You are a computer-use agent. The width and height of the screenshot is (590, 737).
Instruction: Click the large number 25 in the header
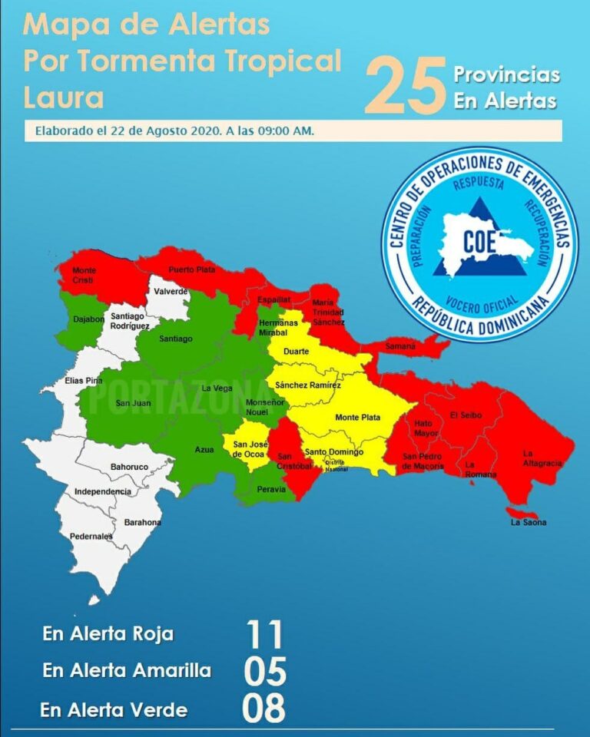tap(405, 87)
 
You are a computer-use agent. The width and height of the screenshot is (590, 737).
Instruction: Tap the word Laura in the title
tap(63, 97)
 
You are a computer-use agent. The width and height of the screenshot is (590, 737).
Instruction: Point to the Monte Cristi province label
tap(84, 275)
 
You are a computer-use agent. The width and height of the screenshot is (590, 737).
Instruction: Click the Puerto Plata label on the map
tap(192, 269)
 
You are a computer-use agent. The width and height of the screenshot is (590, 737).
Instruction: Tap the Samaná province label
tap(400, 347)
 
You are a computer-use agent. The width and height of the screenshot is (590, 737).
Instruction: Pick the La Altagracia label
tap(542, 458)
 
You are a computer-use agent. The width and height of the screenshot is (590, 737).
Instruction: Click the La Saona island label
tap(529, 522)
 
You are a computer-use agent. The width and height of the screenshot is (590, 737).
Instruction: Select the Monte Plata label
tap(357, 417)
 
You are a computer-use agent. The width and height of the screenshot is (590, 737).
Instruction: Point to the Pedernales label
tap(91, 537)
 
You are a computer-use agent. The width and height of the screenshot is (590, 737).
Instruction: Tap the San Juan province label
tap(133, 403)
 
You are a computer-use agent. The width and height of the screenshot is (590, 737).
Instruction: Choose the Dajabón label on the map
tap(88, 319)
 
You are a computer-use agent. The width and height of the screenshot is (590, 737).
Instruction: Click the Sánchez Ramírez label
tap(308, 385)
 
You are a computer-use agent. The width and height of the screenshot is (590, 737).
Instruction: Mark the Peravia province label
tap(271, 489)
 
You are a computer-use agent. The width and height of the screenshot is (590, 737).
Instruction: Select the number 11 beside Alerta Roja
tap(264, 635)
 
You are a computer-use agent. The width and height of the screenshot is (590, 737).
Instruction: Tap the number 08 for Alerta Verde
tap(264, 709)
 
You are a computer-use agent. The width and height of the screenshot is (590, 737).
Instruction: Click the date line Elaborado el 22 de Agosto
tap(174, 131)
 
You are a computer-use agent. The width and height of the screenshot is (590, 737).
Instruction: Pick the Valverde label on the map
tap(171, 292)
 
